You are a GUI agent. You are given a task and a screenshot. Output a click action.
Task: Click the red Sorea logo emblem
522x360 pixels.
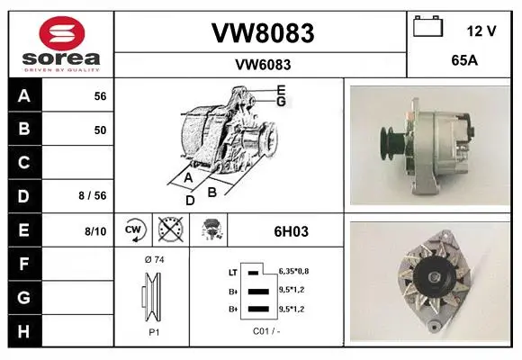pyautogui.click(x=62, y=33)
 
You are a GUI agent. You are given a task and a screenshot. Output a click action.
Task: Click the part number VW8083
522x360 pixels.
pyautogui.click(x=263, y=33)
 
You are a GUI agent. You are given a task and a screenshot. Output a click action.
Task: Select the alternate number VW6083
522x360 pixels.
pyautogui.click(x=263, y=65)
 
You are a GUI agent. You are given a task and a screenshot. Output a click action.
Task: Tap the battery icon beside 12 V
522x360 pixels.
pyautogui.click(x=428, y=26)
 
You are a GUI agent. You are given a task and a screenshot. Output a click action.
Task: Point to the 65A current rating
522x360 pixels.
pyautogui.click(x=464, y=60)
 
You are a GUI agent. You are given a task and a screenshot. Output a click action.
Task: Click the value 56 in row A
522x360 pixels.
pyautogui.click(x=100, y=96)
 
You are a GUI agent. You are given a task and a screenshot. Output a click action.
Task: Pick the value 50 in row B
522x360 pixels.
pyautogui.click(x=100, y=130)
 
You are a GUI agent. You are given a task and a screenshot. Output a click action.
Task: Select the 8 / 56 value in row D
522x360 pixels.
pyautogui.click(x=93, y=195)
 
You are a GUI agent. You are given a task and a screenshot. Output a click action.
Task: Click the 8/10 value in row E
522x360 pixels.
pyautogui.click(x=95, y=231)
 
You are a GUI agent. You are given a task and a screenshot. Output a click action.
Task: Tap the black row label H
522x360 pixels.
pyautogui.click(x=24, y=331)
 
